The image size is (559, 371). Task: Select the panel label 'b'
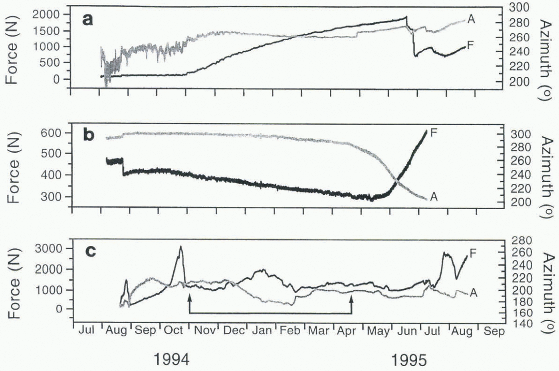click(88, 135)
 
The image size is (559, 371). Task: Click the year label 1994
click(172, 359)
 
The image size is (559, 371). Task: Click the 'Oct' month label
click(174, 331)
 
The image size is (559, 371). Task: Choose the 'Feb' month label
click(290, 331)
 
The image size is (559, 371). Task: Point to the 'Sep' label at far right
click(494, 331)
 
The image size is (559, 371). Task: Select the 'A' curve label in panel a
click(471, 19)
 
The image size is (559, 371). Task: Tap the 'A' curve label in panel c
click(473, 293)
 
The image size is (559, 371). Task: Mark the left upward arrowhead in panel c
click(190, 297)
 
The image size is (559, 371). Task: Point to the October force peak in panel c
click(180, 247)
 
